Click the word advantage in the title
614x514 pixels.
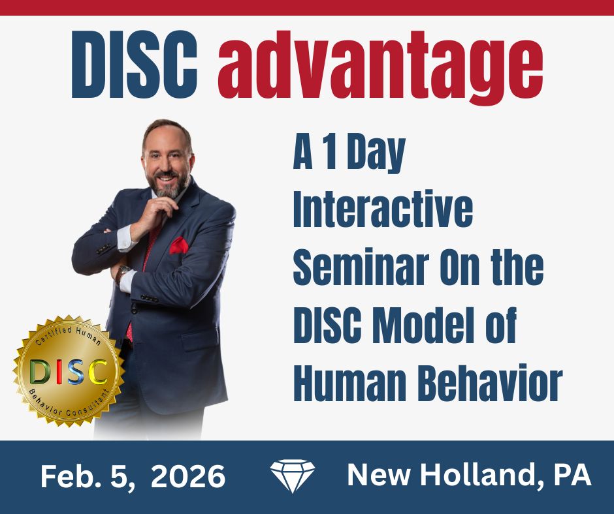click(x=381, y=67)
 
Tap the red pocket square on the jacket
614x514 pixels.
click(x=178, y=245)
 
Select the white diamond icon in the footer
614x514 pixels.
click(x=292, y=476)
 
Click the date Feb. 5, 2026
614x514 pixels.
click(x=133, y=477)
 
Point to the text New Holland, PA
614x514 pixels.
click(x=469, y=476)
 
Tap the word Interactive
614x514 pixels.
click(x=383, y=211)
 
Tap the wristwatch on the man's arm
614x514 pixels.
click(x=121, y=271)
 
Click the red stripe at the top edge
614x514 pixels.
click(x=307, y=7)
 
